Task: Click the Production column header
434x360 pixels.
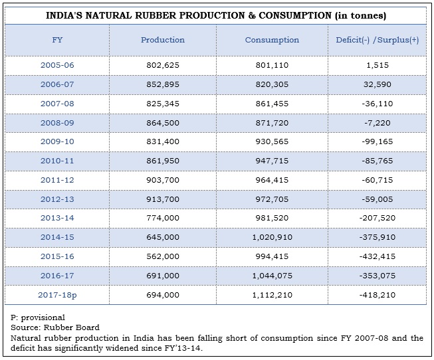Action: coord(163,40)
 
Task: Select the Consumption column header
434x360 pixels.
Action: coord(272,40)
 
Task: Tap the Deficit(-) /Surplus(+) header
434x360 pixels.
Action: coord(377,40)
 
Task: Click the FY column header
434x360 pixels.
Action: coord(58,40)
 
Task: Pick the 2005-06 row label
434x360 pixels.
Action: coord(58,66)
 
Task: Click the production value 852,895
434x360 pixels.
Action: coord(163,85)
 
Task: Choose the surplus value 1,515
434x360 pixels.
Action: coord(377,66)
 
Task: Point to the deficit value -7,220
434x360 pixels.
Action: coord(377,123)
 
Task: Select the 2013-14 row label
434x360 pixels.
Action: coord(58,217)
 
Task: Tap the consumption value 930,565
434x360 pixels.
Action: coord(272,141)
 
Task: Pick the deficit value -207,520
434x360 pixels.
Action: coord(377,217)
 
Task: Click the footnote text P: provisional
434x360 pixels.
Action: coord(38,317)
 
